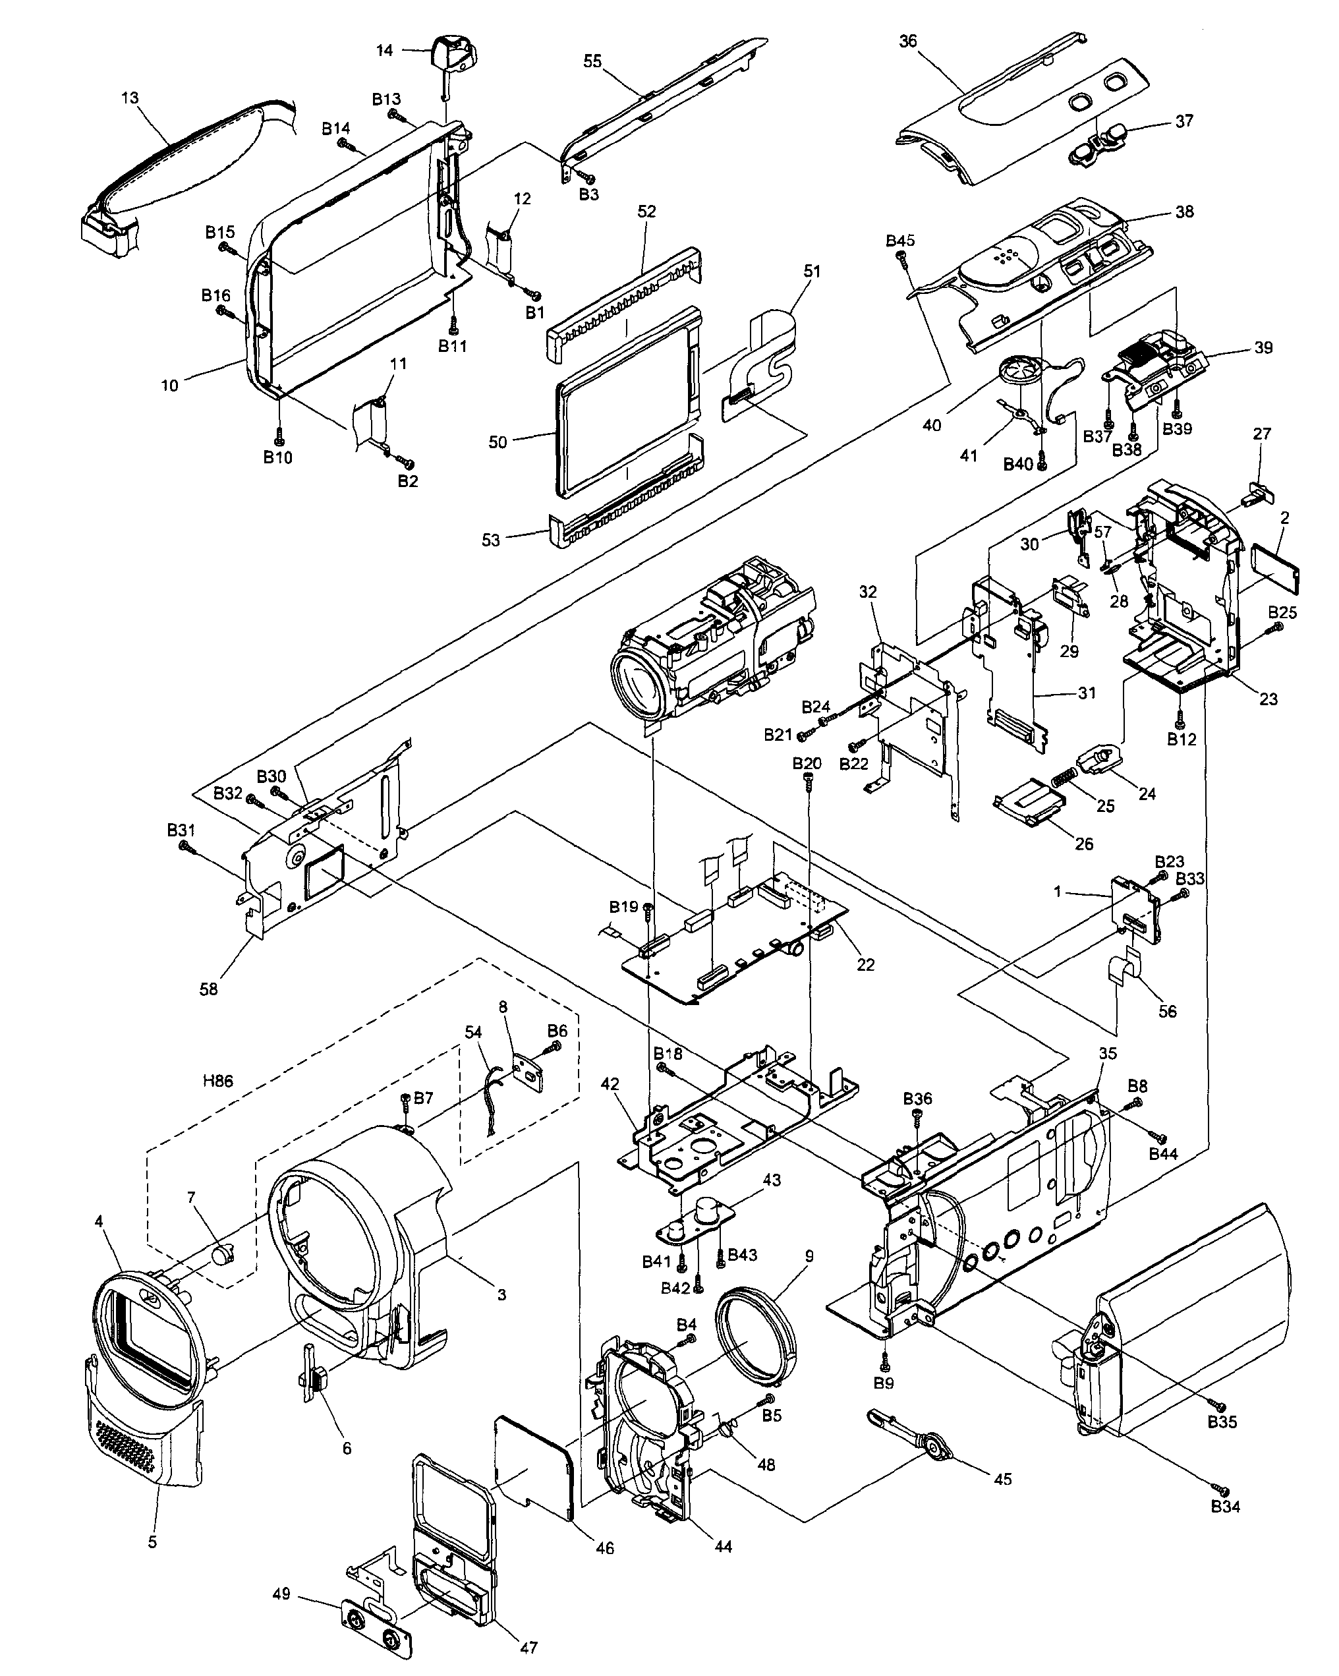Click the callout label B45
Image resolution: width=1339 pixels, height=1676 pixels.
tap(900, 240)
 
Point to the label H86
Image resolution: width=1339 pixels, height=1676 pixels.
tap(217, 1081)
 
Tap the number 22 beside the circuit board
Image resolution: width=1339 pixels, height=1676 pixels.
tap(865, 965)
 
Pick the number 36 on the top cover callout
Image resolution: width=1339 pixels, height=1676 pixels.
tap(907, 42)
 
